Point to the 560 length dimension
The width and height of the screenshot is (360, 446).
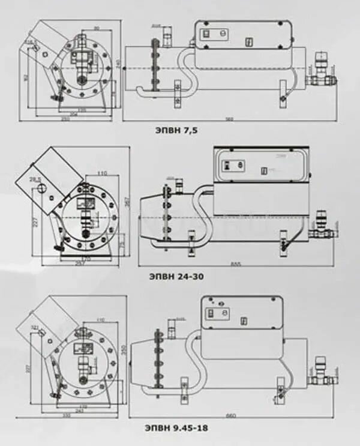coord(229,118)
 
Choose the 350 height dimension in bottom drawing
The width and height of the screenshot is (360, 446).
coord(125,350)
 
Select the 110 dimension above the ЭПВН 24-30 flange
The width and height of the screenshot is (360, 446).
coord(101,173)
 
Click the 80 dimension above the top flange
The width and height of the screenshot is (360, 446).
coord(96,28)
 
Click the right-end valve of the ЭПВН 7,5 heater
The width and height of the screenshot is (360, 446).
coord(320,68)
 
